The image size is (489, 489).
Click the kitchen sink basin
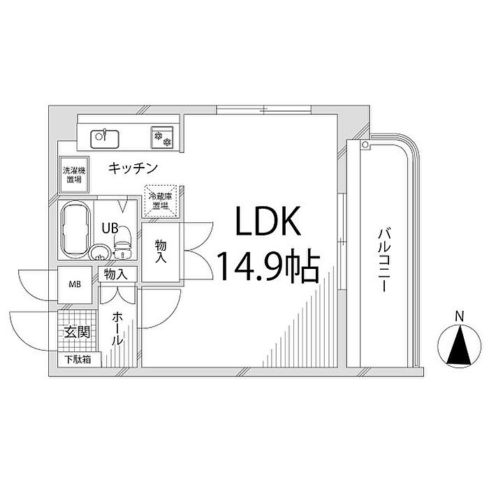(105, 139)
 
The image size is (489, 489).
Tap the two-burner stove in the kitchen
(162, 137)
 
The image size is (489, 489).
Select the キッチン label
(133, 168)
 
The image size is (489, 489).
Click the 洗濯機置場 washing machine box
(74, 175)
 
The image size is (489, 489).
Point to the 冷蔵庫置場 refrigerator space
(161, 201)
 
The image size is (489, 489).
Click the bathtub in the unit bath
(76, 230)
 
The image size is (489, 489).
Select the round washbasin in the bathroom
(99, 252)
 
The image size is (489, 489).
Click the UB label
(110, 228)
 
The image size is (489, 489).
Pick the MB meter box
(75, 284)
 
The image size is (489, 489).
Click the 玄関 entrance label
(77, 333)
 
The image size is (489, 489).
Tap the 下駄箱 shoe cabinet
(80, 360)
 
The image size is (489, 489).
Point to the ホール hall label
(117, 328)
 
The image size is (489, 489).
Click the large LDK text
(268, 221)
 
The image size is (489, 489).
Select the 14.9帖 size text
(268, 265)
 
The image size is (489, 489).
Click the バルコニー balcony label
(384, 260)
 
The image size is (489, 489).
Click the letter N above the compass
(459, 316)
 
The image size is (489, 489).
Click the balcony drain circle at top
(365, 145)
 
